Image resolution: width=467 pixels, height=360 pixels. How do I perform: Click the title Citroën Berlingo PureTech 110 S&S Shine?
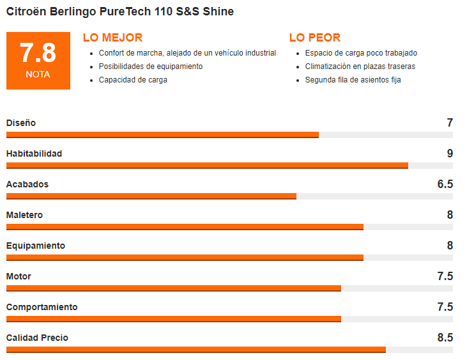[120, 12]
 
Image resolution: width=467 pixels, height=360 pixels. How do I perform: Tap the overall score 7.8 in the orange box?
[38, 53]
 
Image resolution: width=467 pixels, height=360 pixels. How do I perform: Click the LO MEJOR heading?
[112, 38]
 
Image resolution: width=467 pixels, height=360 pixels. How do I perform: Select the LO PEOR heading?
[315, 38]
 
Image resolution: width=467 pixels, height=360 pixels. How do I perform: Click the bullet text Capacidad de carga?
[133, 80]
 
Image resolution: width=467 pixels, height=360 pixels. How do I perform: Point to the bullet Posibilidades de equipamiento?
[151, 67]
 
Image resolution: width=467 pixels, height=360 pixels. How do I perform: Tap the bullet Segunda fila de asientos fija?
[353, 80]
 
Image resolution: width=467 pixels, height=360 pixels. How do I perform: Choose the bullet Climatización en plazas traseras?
[360, 67]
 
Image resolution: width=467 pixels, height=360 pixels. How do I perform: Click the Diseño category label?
[21, 123]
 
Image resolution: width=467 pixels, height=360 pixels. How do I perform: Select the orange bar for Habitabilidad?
[207, 166]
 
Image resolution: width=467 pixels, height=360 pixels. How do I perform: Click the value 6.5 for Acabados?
[445, 184]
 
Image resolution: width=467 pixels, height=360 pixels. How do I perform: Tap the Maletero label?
[24, 215]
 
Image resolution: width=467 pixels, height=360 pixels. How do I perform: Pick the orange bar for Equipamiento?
[185, 258]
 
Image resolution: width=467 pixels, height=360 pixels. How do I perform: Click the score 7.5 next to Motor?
[445, 276]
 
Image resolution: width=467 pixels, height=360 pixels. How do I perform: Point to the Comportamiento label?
[42, 307]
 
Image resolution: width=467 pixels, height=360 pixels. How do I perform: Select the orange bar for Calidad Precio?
[195, 350]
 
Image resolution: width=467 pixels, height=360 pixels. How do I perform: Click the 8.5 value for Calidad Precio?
[445, 338]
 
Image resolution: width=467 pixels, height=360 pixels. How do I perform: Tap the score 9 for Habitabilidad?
[450, 153]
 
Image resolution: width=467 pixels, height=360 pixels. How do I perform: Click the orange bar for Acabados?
[151, 196]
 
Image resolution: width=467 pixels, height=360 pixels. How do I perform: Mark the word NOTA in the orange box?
[38, 75]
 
